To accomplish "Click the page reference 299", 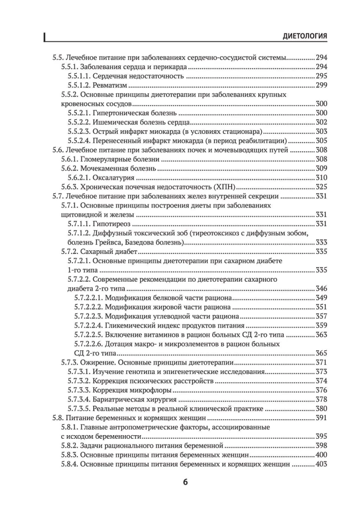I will [x=321, y=84].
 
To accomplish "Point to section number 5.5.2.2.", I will [x=79, y=122].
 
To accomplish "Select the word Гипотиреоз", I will [x=112, y=224].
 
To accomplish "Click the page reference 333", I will [x=321, y=243].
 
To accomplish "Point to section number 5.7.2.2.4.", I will [x=88, y=326].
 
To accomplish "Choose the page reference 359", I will [x=321, y=326].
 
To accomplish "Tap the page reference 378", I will [x=321, y=400].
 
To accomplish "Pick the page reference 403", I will [x=321, y=465].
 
